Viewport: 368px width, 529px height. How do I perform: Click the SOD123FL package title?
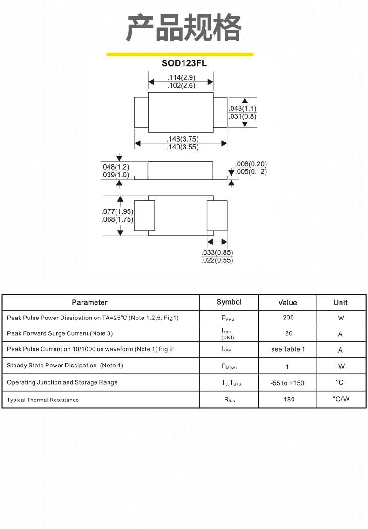(184, 63)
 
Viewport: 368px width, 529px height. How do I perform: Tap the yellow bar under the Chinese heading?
(180, 54)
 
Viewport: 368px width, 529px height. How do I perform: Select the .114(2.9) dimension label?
(181, 78)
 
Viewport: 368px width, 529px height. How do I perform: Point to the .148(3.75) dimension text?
(183, 139)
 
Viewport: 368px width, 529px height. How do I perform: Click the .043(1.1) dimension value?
(242, 109)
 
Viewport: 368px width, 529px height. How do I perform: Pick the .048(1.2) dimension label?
(115, 167)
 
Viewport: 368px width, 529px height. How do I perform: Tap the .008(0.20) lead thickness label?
(251, 164)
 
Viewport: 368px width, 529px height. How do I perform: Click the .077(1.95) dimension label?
(117, 211)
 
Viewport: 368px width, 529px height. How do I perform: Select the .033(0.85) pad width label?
(217, 252)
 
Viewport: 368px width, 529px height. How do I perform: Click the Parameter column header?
(89, 302)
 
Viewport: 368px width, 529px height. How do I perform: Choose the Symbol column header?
(229, 302)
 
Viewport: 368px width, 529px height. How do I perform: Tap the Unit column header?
(341, 303)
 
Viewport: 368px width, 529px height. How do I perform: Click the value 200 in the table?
(288, 318)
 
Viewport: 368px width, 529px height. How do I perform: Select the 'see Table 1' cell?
(288, 349)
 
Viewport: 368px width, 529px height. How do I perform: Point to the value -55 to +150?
(287, 383)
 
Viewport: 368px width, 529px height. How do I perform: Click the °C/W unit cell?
(341, 399)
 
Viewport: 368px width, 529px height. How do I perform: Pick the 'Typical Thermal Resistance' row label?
(43, 400)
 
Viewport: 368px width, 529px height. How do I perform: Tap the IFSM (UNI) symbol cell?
(227, 334)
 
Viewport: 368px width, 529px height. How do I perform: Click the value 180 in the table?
(289, 400)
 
